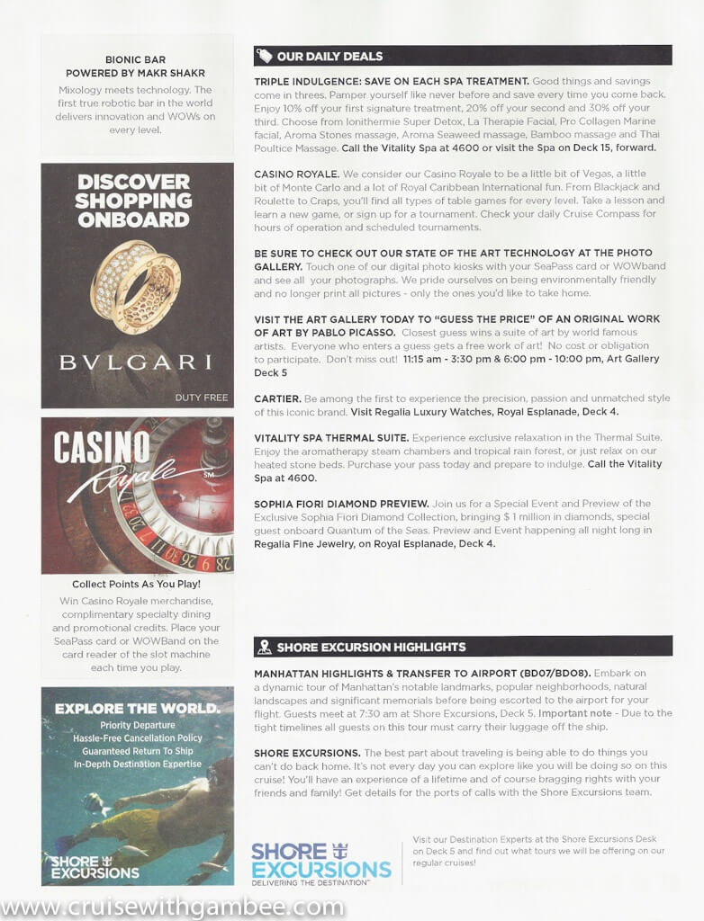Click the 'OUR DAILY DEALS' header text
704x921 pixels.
pos(329,56)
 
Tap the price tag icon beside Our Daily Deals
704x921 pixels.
pos(264,56)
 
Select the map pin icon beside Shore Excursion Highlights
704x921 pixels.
pos(264,647)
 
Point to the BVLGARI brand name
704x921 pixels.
pos(135,362)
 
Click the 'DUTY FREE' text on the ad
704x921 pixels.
pos(201,397)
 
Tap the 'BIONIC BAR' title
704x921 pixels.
pos(135,59)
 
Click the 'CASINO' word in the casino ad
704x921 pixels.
pos(102,447)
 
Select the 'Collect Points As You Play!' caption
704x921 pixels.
pos(137,585)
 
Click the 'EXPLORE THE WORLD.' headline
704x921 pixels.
pos(136,708)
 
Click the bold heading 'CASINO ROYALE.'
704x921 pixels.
pos(296,173)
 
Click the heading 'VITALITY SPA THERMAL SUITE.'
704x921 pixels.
pos(331,437)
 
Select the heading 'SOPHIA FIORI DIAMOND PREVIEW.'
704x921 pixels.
pos(341,504)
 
